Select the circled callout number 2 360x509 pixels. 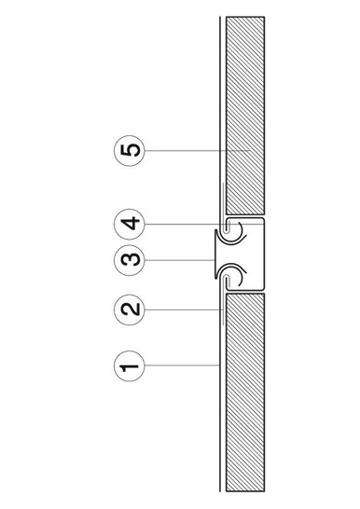(x=133, y=309)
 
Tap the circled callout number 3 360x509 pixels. (x=133, y=257)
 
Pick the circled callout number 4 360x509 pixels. (x=133, y=224)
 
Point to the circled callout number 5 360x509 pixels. (x=133, y=150)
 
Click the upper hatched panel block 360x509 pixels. (x=245, y=112)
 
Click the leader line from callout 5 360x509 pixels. (x=191, y=150)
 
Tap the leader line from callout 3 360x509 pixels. (x=177, y=257)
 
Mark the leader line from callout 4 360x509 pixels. (x=182, y=224)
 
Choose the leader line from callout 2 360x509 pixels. (x=182, y=309)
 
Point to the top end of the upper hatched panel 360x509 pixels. (x=245, y=20)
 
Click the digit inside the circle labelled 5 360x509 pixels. (x=133, y=150)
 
